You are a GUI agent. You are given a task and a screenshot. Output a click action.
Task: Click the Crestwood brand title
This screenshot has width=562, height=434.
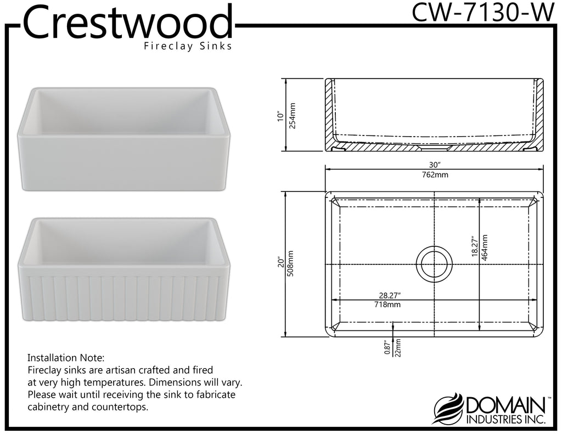pyautogui.click(x=128, y=21)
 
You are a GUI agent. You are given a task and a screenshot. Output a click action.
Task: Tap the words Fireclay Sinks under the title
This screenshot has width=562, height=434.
pyautogui.click(x=188, y=46)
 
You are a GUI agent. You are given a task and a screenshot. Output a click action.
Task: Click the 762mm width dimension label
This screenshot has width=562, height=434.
pyautogui.click(x=435, y=175)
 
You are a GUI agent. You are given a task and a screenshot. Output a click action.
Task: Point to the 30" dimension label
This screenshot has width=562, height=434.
pyautogui.click(x=435, y=165)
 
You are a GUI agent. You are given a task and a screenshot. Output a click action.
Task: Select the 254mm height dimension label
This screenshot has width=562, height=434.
pyautogui.click(x=292, y=116)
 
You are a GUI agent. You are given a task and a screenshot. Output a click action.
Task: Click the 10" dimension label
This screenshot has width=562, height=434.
pyautogui.click(x=280, y=117)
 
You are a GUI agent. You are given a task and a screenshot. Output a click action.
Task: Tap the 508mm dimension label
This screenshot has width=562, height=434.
pyautogui.click(x=290, y=263)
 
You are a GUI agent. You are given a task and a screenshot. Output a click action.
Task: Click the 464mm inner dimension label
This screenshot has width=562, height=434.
pyautogui.click(x=485, y=247)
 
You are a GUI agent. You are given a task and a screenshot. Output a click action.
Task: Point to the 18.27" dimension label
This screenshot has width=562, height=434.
pyautogui.click(x=475, y=246)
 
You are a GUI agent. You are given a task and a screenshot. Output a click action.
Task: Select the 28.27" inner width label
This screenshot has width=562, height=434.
pyautogui.click(x=390, y=295)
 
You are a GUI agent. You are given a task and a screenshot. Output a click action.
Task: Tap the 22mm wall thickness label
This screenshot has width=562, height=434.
pyautogui.click(x=398, y=348)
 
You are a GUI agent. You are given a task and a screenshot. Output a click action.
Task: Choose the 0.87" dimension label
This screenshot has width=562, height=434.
pyautogui.click(x=387, y=348)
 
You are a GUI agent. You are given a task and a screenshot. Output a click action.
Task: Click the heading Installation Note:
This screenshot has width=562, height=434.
pyautogui.click(x=66, y=358)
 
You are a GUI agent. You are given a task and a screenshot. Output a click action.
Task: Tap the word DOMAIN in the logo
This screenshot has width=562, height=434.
pyautogui.click(x=505, y=405)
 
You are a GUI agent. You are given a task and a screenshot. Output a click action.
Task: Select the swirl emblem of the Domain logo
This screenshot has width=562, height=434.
pyautogui.click(x=449, y=409)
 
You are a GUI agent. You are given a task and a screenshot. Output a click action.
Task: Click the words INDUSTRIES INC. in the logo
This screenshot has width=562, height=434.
pyautogui.click(x=505, y=419)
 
